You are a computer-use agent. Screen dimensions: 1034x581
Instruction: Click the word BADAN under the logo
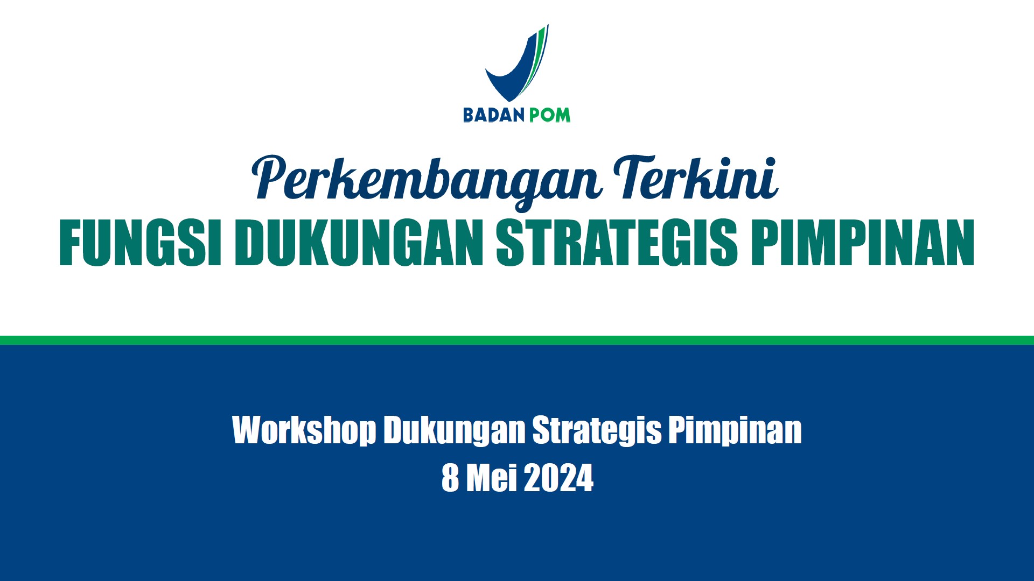(494, 115)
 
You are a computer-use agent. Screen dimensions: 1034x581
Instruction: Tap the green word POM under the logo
(549, 115)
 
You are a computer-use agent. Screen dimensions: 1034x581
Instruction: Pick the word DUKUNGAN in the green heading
(359, 242)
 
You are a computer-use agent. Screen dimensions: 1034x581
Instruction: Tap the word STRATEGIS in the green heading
(617, 242)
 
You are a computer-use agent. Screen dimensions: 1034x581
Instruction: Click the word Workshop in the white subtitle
(304, 430)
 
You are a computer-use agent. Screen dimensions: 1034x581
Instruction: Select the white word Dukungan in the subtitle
(455, 430)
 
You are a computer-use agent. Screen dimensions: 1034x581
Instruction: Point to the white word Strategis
(597, 430)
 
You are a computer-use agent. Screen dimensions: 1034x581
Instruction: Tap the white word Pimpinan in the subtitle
(735, 430)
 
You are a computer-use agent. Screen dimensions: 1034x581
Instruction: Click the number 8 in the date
(450, 478)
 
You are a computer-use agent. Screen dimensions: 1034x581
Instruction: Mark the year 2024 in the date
(558, 478)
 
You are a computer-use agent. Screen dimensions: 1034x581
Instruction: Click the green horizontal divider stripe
(517, 340)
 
